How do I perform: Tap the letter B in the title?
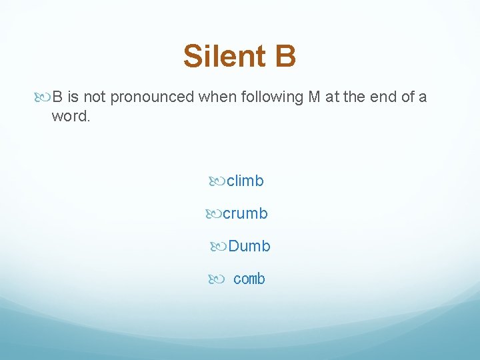tap(284, 56)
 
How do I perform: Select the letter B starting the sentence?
tap(57, 97)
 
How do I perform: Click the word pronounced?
tap(151, 97)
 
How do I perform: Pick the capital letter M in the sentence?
tap(314, 97)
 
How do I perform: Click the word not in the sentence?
tap(95, 97)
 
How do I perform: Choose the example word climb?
tap(245, 181)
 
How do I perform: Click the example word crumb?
tap(245, 213)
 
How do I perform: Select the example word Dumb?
tap(249, 246)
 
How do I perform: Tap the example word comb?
tap(249, 279)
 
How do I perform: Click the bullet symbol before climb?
tap(217, 181)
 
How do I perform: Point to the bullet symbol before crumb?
tap(213, 213)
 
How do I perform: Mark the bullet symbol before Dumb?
tap(218, 246)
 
